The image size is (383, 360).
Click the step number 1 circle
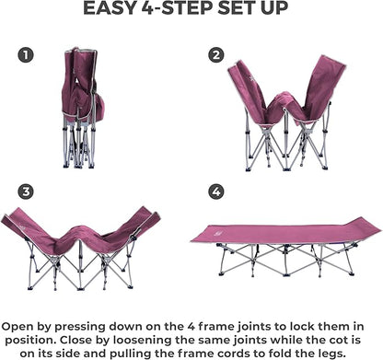pos(26,55)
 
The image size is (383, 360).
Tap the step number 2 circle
pos(216,55)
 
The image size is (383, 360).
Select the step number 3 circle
pos(26,192)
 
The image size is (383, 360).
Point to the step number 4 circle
pos(216,192)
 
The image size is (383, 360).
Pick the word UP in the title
pos(274,8)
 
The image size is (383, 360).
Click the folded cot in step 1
pos(82,108)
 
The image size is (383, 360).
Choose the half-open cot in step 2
pos(286,113)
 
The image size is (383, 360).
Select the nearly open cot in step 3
pos(80,249)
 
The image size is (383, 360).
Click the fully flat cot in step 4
pos(285,247)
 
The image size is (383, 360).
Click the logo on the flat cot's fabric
pos(216,235)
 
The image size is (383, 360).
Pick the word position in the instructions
pos(29,341)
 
